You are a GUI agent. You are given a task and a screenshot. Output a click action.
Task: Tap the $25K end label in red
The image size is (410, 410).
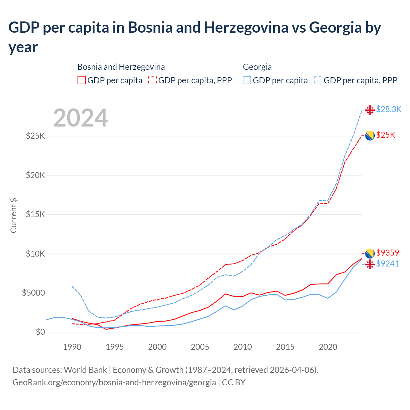[x=386, y=135]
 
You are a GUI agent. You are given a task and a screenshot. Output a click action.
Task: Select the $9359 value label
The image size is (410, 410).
[x=388, y=253]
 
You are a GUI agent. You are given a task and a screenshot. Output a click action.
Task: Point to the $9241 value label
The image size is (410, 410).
[x=388, y=264]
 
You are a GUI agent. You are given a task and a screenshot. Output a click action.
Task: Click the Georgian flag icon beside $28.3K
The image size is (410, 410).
[x=370, y=110]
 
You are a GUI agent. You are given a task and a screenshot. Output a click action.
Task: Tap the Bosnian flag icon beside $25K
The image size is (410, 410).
[x=370, y=135]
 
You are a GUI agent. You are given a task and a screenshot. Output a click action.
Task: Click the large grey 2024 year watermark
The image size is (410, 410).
[x=80, y=118]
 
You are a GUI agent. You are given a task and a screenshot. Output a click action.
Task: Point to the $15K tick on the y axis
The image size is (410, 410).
[x=36, y=214]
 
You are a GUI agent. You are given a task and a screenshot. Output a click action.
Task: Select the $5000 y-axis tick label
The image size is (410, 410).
[x=33, y=293]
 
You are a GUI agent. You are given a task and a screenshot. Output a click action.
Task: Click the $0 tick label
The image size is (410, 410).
[x=40, y=332]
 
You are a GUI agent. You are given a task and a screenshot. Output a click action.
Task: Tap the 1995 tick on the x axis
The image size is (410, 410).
[x=115, y=347]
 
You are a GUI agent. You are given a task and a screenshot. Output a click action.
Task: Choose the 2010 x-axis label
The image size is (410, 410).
[x=242, y=347]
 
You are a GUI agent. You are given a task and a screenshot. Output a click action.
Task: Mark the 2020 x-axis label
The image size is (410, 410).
[x=328, y=347]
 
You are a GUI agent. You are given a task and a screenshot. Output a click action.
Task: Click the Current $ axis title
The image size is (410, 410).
[x=13, y=215]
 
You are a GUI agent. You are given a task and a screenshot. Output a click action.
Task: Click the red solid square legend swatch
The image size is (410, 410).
[x=82, y=80]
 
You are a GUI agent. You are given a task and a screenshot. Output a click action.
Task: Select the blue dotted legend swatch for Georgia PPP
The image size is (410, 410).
[x=318, y=80]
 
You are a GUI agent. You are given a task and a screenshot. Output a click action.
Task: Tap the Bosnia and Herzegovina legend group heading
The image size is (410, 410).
[x=121, y=67]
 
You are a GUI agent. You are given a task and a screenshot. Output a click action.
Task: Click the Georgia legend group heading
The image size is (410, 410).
[x=257, y=67]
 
